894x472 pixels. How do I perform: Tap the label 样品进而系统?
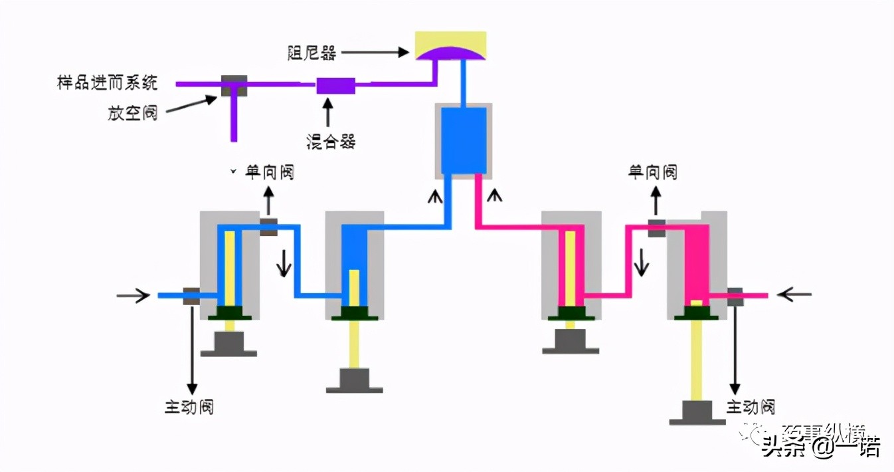[x=108, y=83]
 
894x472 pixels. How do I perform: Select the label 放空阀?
[x=133, y=112]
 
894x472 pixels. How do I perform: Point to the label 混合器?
[x=330, y=141]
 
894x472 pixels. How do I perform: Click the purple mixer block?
[x=335, y=85]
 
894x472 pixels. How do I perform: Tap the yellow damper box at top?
[x=450, y=44]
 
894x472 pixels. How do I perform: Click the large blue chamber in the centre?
[x=464, y=140]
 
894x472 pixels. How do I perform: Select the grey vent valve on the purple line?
[x=234, y=85]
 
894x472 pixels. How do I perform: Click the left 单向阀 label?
[x=270, y=172]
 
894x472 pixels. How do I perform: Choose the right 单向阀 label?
[x=652, y=172]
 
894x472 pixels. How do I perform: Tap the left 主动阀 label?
[x=189, y=406]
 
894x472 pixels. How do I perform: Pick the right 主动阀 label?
[x=751, y=406]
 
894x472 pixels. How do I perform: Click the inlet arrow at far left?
[x=133, y=295]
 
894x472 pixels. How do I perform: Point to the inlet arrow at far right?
[x=794, y=293]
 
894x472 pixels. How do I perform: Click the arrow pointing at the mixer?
[x=327, y=112]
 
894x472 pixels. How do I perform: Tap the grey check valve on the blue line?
[x=268, y=226]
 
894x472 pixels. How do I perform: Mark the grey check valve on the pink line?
[x=656, y=227]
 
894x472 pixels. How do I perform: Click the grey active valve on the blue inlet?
[x=191, y=295]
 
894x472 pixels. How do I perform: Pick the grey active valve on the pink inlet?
[x=735, y=296]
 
